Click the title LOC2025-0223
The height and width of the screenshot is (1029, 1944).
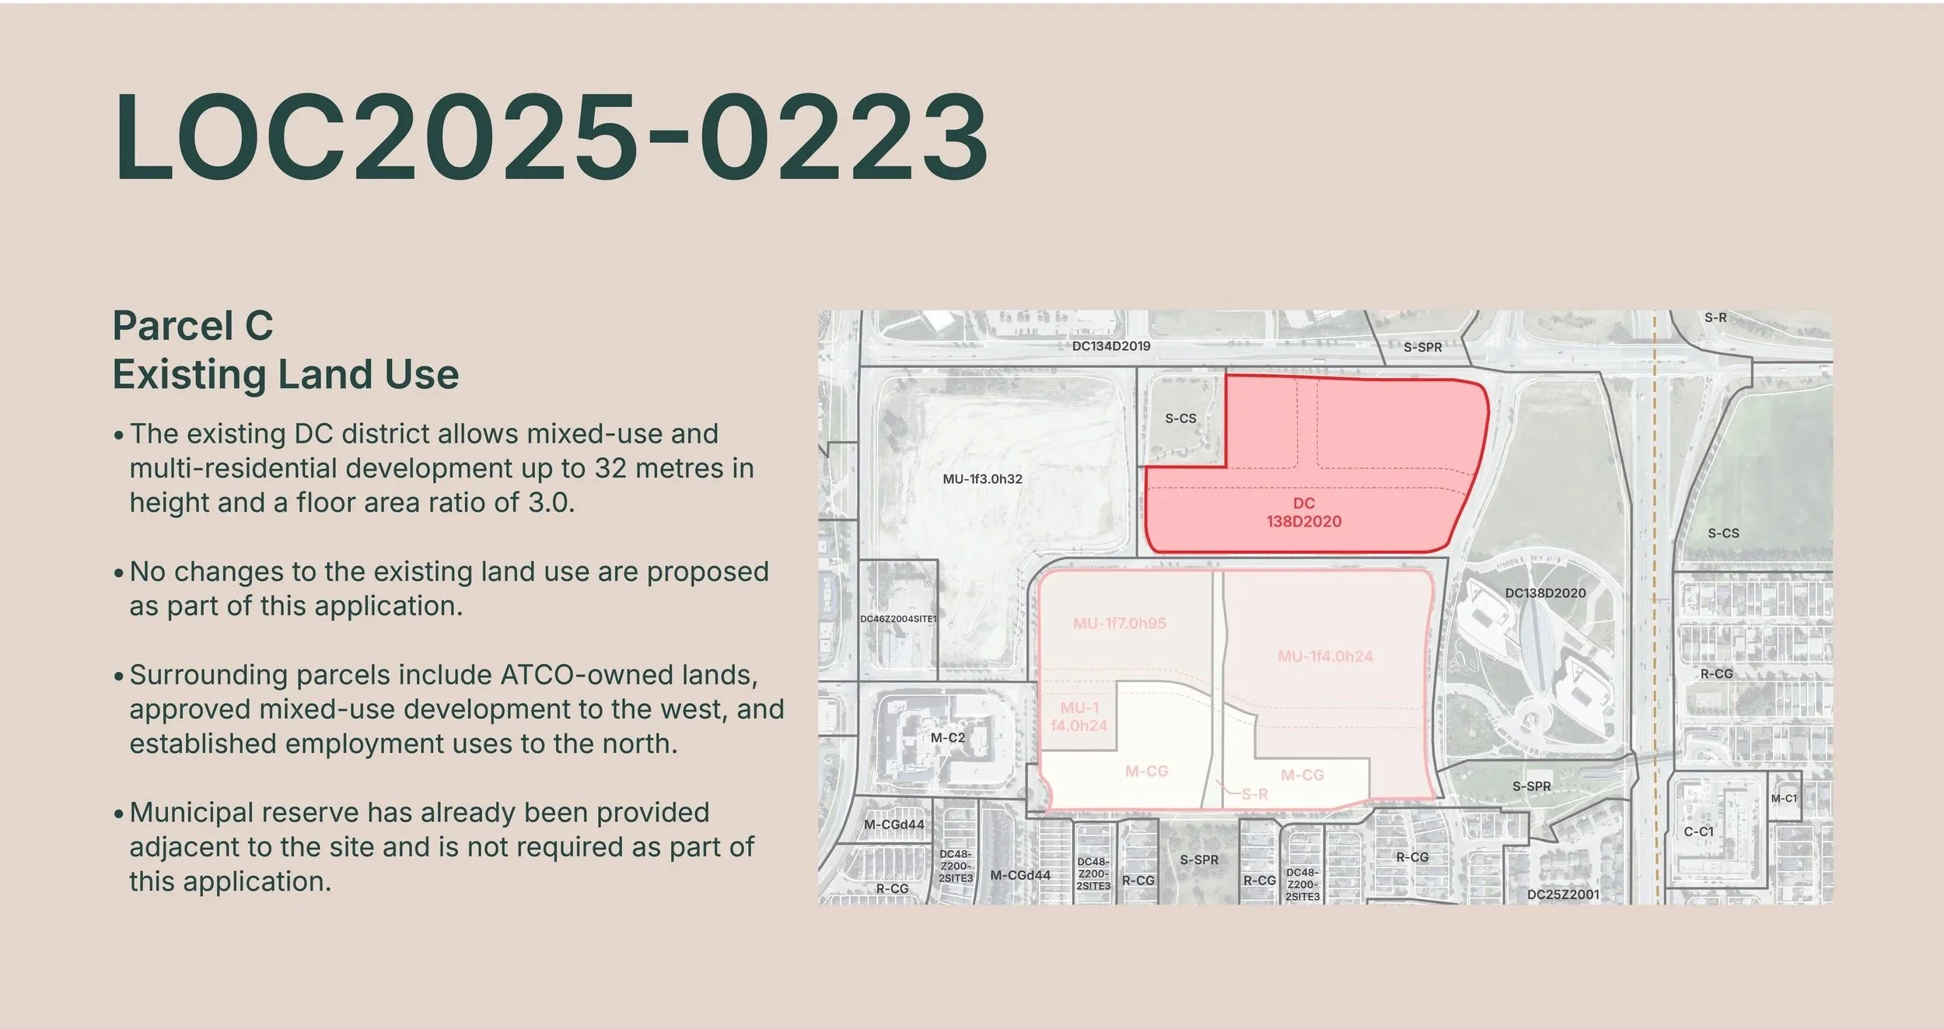click(551, 138)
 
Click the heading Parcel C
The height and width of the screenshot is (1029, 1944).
click(193, 325)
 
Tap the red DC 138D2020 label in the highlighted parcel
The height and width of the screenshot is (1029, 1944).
click(1304, 513)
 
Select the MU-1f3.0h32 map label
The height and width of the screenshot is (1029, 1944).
click(982, 479)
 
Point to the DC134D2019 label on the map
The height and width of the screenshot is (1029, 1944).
click(1111, 346)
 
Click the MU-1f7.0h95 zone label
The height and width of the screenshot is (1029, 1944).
click(1119, 623)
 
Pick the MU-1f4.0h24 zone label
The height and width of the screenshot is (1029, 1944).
click(1325, 656)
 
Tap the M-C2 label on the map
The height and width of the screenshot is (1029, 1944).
click(947, 737)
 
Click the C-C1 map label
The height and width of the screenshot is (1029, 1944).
click(1698, 831)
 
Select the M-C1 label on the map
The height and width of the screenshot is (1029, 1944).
click(1784, 799)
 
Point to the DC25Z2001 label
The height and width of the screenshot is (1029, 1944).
click(1563, 894)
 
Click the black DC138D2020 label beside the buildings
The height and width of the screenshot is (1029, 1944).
click(1545, 593)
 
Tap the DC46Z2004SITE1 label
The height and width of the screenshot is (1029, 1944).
click(898, 619)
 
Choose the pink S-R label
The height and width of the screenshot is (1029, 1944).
click(1254, 794)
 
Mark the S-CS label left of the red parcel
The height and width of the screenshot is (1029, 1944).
click(1180, 418)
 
